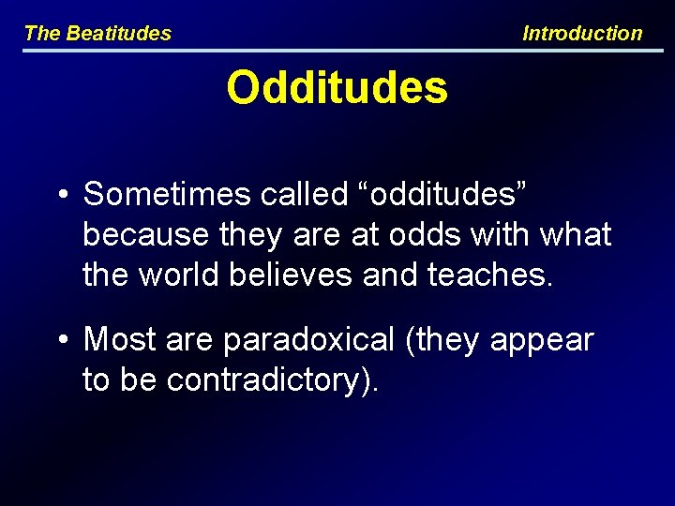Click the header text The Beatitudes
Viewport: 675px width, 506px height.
tap(97, 34)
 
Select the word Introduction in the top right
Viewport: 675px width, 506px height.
tap(582, 34)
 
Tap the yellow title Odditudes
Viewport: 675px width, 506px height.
tap(337, 88)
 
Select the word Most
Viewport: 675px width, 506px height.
tap(119, 339)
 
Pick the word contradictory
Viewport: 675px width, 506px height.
tap(267, 380)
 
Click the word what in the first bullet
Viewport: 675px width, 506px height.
tap(576, 234)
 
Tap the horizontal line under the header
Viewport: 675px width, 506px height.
tap(337, 50)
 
